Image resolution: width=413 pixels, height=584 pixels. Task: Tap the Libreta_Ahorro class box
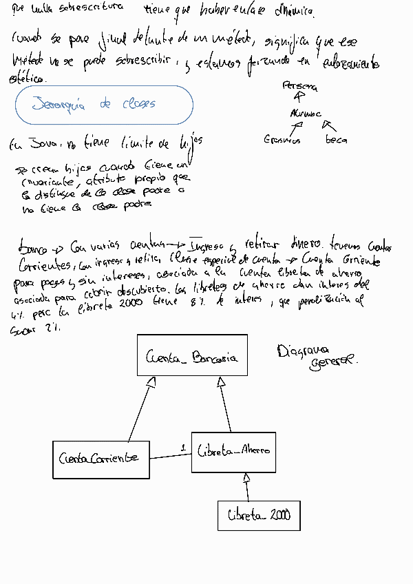(233, 452)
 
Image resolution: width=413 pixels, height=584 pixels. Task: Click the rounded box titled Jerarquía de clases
(104, 105)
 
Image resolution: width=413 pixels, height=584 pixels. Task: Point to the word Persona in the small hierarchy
(300, 87)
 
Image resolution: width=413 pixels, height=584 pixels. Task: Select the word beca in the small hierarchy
(337, 140)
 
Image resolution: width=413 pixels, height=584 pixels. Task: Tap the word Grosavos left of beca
(282, 140)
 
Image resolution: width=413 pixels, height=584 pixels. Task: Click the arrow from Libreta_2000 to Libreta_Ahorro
(245, 488)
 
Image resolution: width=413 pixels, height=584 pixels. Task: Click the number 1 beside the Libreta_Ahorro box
(183, 448)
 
